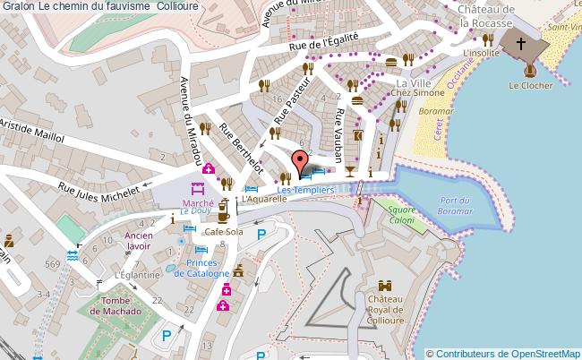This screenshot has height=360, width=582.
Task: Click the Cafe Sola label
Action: coord(223,232)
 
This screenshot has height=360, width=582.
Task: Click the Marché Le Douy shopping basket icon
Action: coord(199,189)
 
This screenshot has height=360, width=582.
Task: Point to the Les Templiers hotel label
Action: coord(305,190)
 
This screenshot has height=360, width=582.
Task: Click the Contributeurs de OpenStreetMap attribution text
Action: coord(508,353)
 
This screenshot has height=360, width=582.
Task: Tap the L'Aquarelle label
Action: coord(263,198)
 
